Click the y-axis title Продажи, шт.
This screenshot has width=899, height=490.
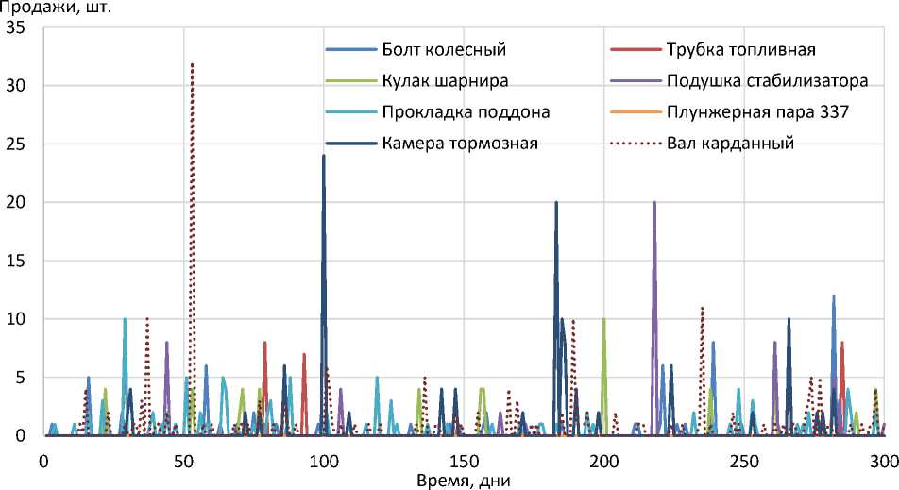coord(57,8)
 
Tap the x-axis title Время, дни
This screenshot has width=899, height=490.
coord(463,480)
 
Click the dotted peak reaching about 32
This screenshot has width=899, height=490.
coord(193,64)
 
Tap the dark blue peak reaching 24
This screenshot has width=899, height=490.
coord(324,156)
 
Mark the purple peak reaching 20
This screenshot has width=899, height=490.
coord(654,202)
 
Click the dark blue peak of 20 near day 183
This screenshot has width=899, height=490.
coord(556,202)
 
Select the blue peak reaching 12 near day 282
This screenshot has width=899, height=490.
coord(834,296)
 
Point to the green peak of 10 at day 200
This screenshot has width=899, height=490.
coord(604,319)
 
